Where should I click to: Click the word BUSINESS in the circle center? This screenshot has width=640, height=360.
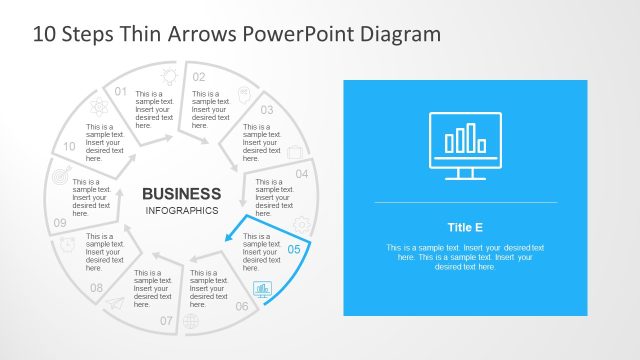pos(181,193)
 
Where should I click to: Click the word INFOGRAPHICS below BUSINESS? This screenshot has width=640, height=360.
pos(181,211)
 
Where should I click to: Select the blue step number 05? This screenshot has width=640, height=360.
pos(294,249)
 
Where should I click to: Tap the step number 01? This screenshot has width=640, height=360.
pos(121,92)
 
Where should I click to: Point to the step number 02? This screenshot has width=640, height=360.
pos(199,77)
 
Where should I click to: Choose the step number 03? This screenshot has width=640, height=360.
pos(267,110)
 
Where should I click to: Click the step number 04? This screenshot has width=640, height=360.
pos(301,174)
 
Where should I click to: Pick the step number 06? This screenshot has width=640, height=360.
pos(242,306)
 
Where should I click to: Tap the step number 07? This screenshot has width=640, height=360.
pos(166,321)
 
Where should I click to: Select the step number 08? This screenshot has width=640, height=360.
pos(96,288)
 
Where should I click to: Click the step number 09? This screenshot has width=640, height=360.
pos(60,223)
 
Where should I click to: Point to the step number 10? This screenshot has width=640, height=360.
pos(69,146)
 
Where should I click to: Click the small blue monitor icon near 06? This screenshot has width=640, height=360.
pos(262,290)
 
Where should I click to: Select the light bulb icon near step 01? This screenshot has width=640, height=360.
pos(169,74)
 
